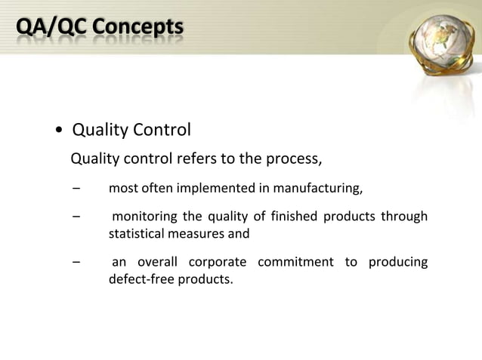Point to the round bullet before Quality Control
click(x=59, y=132)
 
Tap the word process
click(x=296, y=160)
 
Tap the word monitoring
click(x=143, y=218)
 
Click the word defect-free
click(x=141, y=279)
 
